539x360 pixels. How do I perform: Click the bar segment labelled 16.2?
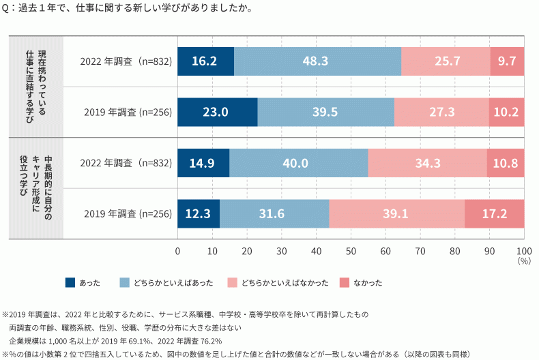[x=205, y=61]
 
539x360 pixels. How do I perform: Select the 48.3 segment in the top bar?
[x=317, y=61]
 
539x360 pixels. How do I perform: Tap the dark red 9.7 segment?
[x=507, y=61]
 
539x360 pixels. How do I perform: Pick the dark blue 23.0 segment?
[x=218, y=112]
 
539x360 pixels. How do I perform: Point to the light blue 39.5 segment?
[x=325, y=112]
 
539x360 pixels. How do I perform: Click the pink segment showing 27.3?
[x=441, y=112]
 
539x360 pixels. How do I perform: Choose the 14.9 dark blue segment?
[x=203, y=164]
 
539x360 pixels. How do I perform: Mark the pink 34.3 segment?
[x=427, y=164]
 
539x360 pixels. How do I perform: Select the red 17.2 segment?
[x=495, y=214]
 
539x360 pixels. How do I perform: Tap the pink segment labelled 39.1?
[x=396, y=214]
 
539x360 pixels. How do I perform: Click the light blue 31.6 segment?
[x=274, y=214]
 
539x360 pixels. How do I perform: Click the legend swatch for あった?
[x=70, y=282]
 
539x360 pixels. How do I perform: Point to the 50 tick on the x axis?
[x=351, y=250]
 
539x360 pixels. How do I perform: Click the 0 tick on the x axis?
[x=177, y=250]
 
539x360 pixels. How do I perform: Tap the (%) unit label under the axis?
[x=523, y=260]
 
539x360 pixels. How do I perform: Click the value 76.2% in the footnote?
[x=211, y=340]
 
